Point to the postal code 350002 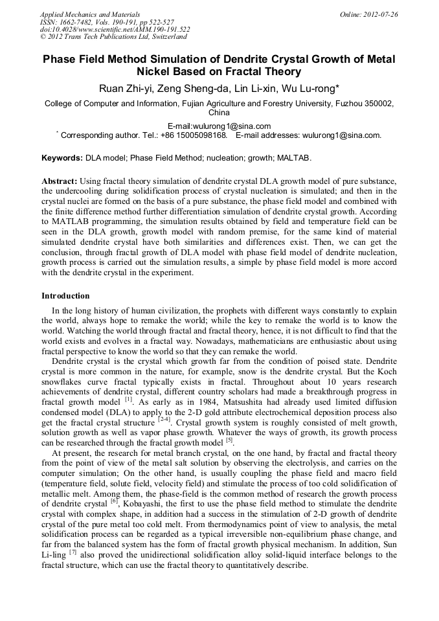(x=375, y=103)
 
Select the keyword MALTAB (x=294, y=157)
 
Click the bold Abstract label (x=60, y=179)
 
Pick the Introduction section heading (x=65, y=296)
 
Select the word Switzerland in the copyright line (x=166, y=37)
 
